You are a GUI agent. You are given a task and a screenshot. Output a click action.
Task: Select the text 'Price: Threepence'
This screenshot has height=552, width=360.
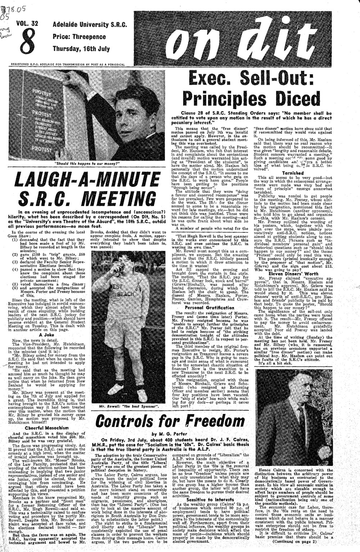79,36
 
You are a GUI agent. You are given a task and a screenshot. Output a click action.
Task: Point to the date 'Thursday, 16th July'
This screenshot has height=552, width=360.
81,48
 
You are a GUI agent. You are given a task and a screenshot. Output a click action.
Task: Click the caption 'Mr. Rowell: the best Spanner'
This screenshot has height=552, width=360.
130,407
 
